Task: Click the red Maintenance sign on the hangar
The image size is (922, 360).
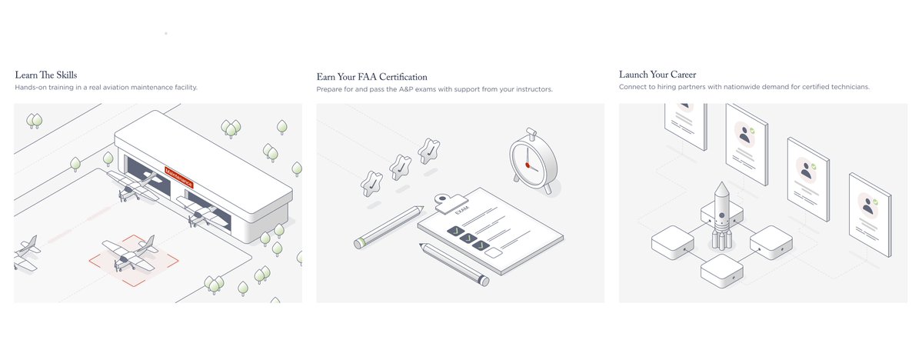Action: (179, 176)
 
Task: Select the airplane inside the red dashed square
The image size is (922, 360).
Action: (129, 253)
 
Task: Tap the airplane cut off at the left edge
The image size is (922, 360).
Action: (25, 252)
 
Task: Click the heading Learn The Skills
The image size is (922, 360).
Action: (45, 75)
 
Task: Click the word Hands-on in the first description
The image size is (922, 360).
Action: (32, 88)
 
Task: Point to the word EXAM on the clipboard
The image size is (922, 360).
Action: (461, 210)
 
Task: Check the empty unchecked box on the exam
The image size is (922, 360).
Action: (494, 252)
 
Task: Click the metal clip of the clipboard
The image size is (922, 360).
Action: (444, 202)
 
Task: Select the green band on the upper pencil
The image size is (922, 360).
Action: (359, 243)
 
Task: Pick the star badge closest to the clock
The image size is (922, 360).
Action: (428, 151)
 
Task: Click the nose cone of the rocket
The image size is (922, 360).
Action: (721, 188)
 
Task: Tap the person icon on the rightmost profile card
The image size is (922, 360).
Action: (868, 205)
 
